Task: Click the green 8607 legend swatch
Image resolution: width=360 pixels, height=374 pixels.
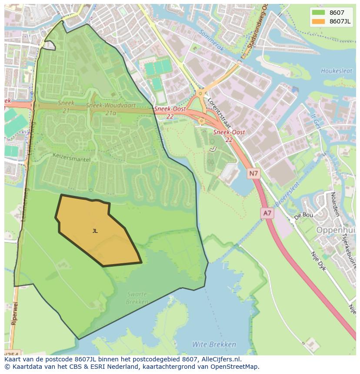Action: (x=318, y=13)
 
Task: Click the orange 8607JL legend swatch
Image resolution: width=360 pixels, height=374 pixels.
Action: (x=318, y=21)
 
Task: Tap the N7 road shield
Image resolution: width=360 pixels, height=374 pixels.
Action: (x=253, y=174)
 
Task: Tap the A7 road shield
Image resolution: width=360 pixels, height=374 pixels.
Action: (x=267, y=213)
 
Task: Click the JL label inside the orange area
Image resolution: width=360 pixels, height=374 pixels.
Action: (x=95, y=231)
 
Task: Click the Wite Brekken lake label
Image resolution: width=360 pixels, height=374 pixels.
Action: (x=214, y=344)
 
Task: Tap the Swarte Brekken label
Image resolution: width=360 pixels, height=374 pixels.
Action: (x=137, y=298)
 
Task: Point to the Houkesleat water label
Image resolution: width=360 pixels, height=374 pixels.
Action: (x=336, y=71)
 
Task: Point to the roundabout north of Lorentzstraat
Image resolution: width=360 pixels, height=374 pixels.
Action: (x=200, y=93)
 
